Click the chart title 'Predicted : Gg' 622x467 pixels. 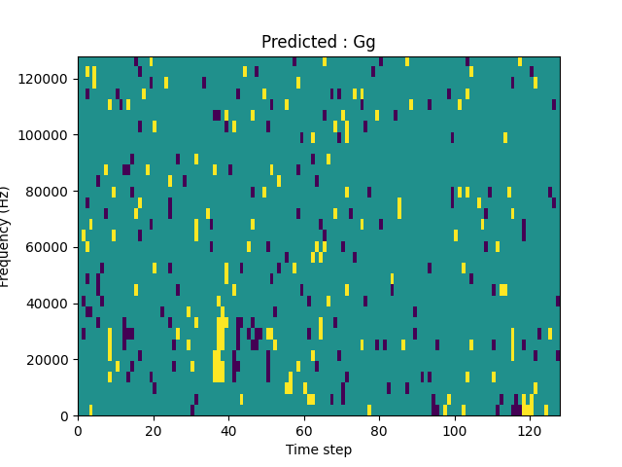click(318, 43)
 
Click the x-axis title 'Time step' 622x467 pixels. click(318, 449)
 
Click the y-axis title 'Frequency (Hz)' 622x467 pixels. click(5, 236)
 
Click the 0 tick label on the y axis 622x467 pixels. click(65, 416)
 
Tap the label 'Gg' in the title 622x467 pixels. click(364, 43)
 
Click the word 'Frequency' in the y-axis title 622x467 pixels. click(5, 248)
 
